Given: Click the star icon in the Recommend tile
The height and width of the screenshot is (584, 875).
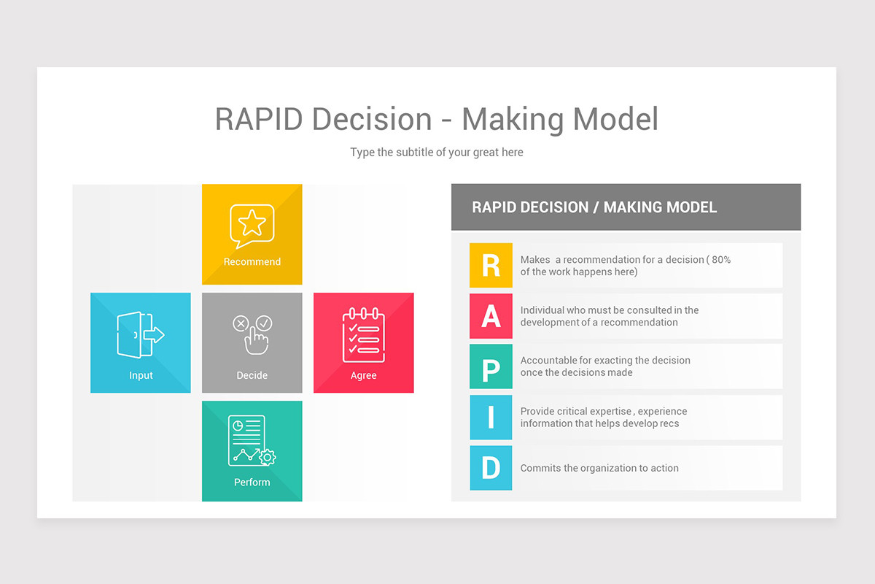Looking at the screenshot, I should point(252,224).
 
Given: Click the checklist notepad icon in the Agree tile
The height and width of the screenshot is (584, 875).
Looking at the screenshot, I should point(363,335).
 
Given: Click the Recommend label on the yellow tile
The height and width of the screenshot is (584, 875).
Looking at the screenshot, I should point(252,262).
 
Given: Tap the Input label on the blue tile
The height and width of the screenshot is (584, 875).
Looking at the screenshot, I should point(141,376).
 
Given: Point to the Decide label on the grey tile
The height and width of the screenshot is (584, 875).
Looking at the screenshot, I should point(252,376).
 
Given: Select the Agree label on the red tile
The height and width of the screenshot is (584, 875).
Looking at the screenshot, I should point(363,376).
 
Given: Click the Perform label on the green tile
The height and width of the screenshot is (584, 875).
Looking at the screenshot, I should point(252,483).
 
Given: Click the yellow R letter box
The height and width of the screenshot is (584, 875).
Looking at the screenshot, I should point(491,266).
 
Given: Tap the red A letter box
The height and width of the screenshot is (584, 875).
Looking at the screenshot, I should point(491,316).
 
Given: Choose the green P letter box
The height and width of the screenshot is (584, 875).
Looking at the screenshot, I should point(491,366).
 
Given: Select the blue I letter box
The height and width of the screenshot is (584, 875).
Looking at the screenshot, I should point(491,418).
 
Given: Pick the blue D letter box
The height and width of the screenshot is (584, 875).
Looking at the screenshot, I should point(491,468).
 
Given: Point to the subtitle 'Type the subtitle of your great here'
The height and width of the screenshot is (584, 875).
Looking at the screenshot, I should point(437,153).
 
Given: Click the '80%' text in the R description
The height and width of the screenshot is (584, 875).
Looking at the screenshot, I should point(721,260).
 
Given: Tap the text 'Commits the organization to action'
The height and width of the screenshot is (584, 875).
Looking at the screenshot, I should point(599,469).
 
